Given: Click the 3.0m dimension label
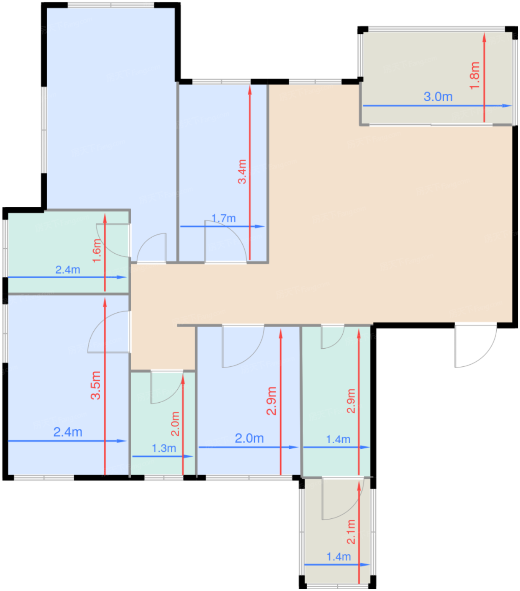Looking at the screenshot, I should pos(438,97).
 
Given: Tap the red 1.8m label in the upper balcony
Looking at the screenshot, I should pos(475,76).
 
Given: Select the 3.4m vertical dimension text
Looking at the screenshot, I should pos(242,171).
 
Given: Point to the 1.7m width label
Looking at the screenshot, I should pos(223,218).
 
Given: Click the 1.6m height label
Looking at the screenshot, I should pos(97,251).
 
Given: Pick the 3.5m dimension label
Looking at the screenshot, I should pos(96,385).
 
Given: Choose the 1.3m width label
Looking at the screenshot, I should pos(164,448).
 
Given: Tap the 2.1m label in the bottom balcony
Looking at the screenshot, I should pos(351,531).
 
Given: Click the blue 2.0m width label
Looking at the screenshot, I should pos(249,438).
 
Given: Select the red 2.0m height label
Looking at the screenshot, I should pos(175,424).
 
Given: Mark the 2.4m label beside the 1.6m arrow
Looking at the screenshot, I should pos(68,269).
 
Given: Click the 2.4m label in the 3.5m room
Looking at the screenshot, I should pos(68,432).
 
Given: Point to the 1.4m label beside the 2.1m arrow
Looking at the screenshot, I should pos(339,557).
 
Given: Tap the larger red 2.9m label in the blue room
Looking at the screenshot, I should pos(271,401).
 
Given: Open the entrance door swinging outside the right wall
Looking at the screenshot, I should pos(475,346).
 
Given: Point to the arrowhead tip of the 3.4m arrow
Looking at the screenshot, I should pos(250,87).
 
